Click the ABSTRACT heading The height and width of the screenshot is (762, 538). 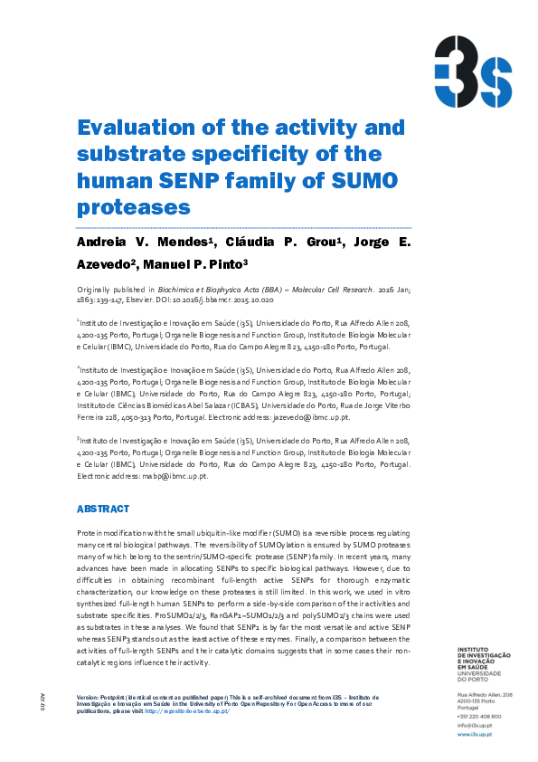[103, 509]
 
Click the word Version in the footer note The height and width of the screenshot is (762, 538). [87, 698]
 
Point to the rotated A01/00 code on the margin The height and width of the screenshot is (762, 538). [42, 699]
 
